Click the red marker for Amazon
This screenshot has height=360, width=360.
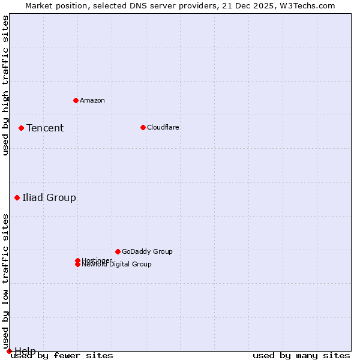(x=76, y=100)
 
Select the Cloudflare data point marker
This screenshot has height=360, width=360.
(x=143, y=127)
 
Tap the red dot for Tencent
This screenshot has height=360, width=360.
(x=21, y=128)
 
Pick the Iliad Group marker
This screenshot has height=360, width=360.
(x=17, y=197)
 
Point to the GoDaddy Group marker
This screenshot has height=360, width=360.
(x=118, y=251)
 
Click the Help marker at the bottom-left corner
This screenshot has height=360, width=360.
(x=9, y=351)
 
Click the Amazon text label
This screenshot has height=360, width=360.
(x=92, y=100)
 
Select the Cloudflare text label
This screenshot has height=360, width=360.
(x=163, y=127)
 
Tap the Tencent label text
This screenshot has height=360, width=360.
(x=45, y=128)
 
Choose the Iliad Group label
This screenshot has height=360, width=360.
(x=49, y=197)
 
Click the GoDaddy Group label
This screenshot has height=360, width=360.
(x=147, y=251)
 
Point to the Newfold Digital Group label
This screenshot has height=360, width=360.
(x=116, y=265)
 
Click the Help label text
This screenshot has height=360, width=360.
(x=25, y=350)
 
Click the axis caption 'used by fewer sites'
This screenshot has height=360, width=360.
(x=62, y=356)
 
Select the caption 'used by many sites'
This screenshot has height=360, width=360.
(x=301, y=356)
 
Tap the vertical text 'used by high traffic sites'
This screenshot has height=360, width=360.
(x=5, y=86)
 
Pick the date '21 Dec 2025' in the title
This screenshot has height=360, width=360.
(x=251, y=5)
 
